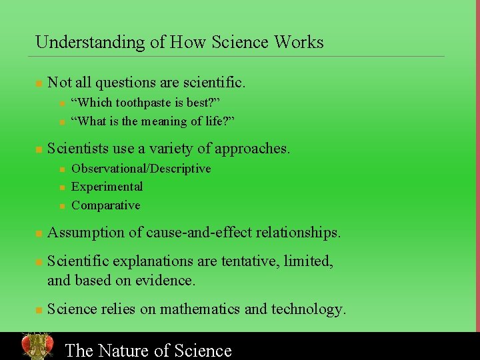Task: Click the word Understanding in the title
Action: coord(90,43)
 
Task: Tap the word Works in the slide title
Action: coord(298,42)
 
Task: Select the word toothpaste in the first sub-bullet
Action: coord(146,103)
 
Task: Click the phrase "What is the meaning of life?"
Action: coord(153,121)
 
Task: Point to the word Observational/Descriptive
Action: coord(141,169)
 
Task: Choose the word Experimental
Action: coord(107,187)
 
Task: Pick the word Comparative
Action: coord(106,205)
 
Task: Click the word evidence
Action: coord(166,281)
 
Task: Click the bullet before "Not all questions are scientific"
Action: coord(39,84)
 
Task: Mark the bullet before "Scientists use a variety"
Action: coord(39,149)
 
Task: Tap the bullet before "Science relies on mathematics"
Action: coord(39,310)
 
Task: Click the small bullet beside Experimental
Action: coord(61,188)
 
